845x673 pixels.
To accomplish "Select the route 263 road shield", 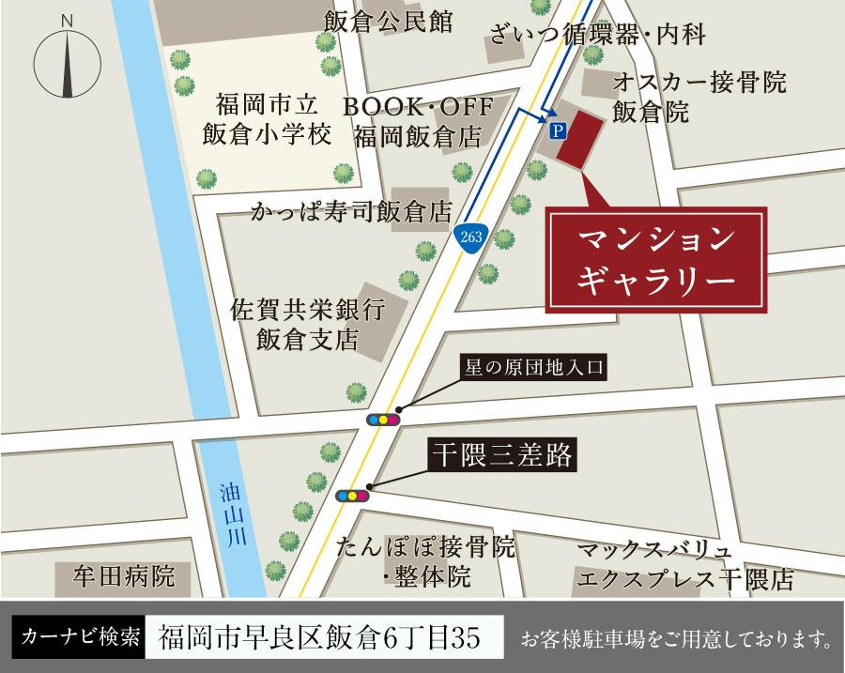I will click(471, 237).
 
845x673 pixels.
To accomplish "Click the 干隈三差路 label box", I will click(501, 455).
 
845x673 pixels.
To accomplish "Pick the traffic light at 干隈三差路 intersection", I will click(352, 496).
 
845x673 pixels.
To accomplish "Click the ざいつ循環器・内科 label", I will click(596, 36).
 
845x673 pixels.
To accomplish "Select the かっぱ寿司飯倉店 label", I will click(350, 210).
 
